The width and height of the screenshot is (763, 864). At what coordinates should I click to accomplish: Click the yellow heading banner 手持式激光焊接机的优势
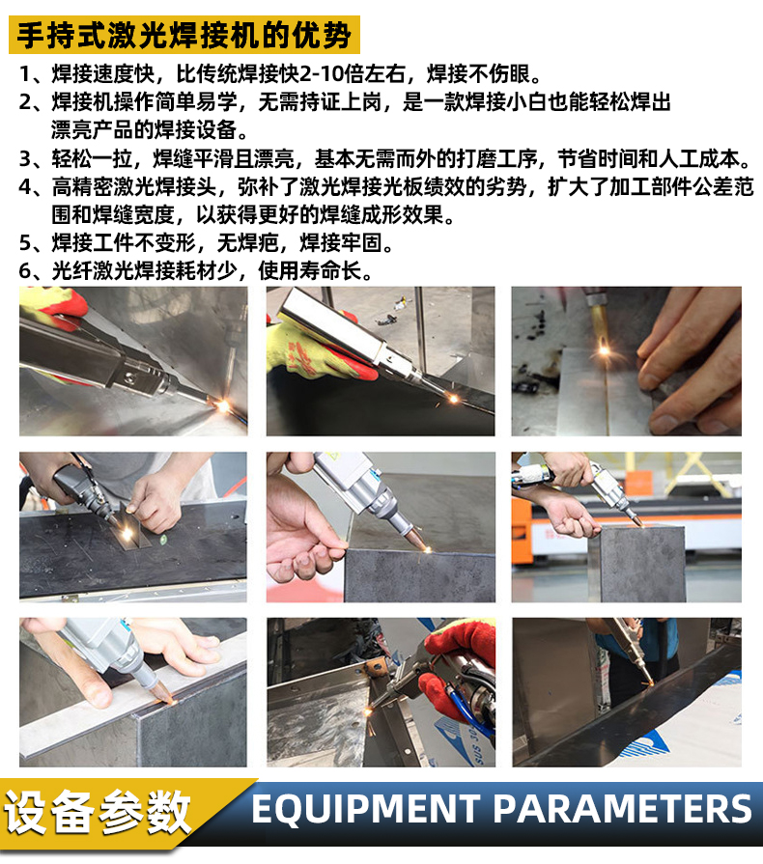(183, 35)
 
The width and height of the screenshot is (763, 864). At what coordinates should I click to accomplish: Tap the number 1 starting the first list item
(27, 74)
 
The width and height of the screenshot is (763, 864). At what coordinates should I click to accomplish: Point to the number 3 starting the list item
(27, 159)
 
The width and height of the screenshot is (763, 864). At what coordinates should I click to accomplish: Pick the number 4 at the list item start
(27, 187)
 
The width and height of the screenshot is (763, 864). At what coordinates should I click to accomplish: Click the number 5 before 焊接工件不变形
(27, 242)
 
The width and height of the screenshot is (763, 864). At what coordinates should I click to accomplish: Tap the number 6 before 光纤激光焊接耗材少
(27, 271)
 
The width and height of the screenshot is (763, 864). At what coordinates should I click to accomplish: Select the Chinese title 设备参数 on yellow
(97, 811)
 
